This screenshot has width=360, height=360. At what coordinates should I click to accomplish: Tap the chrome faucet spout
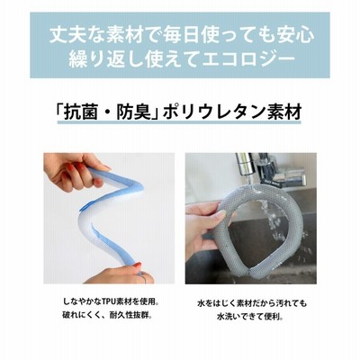tap(246, 165)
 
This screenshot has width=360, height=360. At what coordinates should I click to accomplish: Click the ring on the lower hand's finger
tap(144, 279)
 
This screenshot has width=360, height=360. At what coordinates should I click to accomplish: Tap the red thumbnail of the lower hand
tap(137, 265)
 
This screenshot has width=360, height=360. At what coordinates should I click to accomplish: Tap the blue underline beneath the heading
tap(179, 121)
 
